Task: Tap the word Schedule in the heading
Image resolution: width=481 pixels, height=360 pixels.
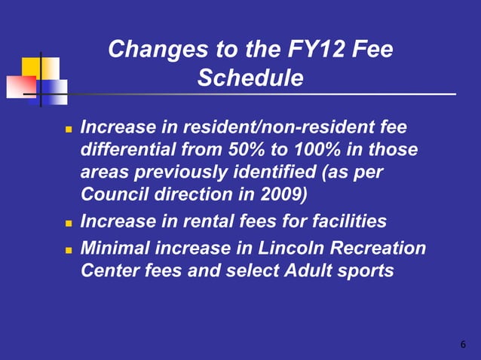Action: point(250,78)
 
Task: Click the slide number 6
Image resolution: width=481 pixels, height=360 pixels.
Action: point(463,344)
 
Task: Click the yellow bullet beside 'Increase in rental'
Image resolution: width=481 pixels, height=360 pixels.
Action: point(68,224)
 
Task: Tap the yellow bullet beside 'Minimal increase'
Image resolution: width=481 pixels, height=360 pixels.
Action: point(68,249)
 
